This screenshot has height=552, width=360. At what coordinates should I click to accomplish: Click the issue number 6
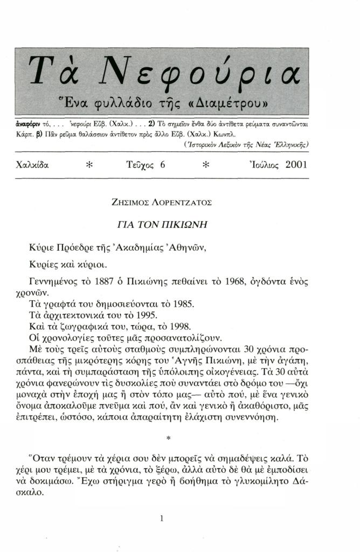point(162,165)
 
